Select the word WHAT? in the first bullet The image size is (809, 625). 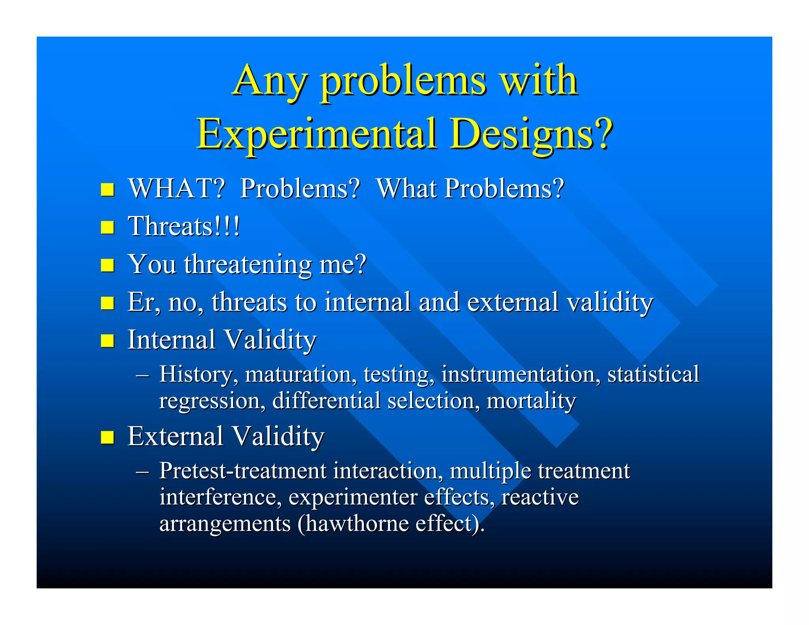pos(177,188)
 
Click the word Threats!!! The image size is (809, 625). pos(184,226)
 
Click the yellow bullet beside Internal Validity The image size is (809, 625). pos(107,340)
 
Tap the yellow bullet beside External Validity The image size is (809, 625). pos(107,437)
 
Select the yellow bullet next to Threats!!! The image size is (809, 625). pos(107,228)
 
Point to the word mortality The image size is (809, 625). pos(531,401)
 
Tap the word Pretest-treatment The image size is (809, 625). pos(243,471)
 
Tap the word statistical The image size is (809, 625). pos(653,374)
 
